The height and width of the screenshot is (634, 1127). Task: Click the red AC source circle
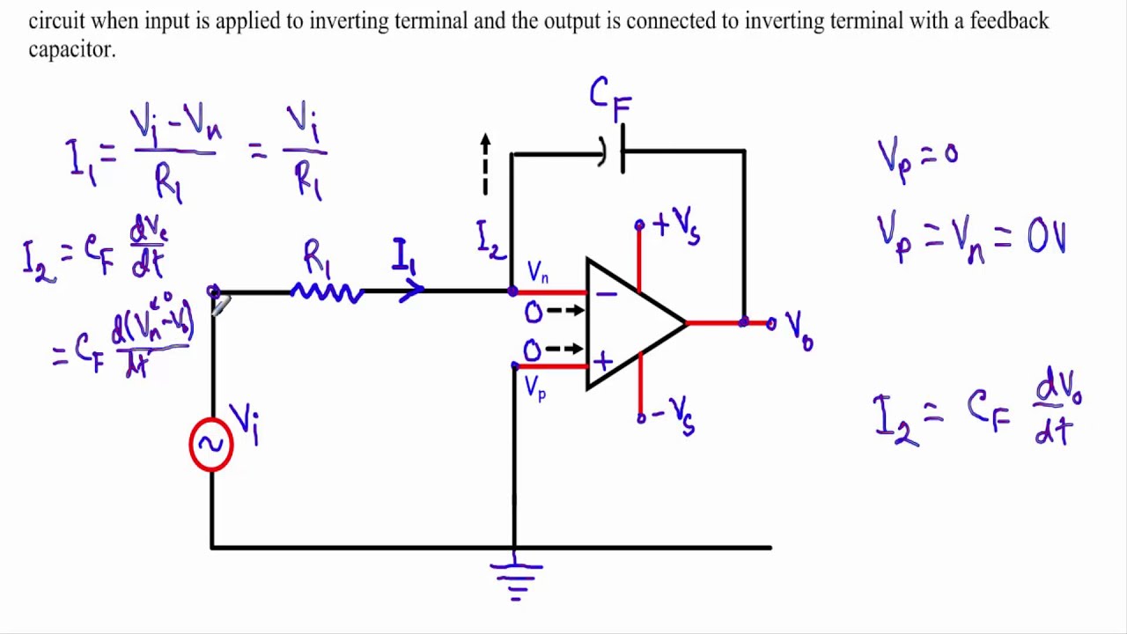(211, 445)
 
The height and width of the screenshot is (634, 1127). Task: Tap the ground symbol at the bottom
(516, 577)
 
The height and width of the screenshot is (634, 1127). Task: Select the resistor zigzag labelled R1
(327, 292)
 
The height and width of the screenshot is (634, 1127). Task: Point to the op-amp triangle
(630, 324)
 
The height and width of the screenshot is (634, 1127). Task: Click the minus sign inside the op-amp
(606, 293)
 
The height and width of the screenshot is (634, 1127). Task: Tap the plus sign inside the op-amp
(603, 361)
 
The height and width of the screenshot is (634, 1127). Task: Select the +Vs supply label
(676, 225)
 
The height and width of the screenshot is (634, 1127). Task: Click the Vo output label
(799, 329)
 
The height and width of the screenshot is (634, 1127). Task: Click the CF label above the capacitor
(610, 98)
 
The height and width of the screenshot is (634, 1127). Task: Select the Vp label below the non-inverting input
(535, 387)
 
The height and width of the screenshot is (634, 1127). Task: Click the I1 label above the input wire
(403, 256)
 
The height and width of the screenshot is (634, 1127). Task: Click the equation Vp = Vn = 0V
(970, 236)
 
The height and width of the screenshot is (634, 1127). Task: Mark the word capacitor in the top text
(71, 49)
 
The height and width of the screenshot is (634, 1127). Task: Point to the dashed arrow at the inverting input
(565, 311)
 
